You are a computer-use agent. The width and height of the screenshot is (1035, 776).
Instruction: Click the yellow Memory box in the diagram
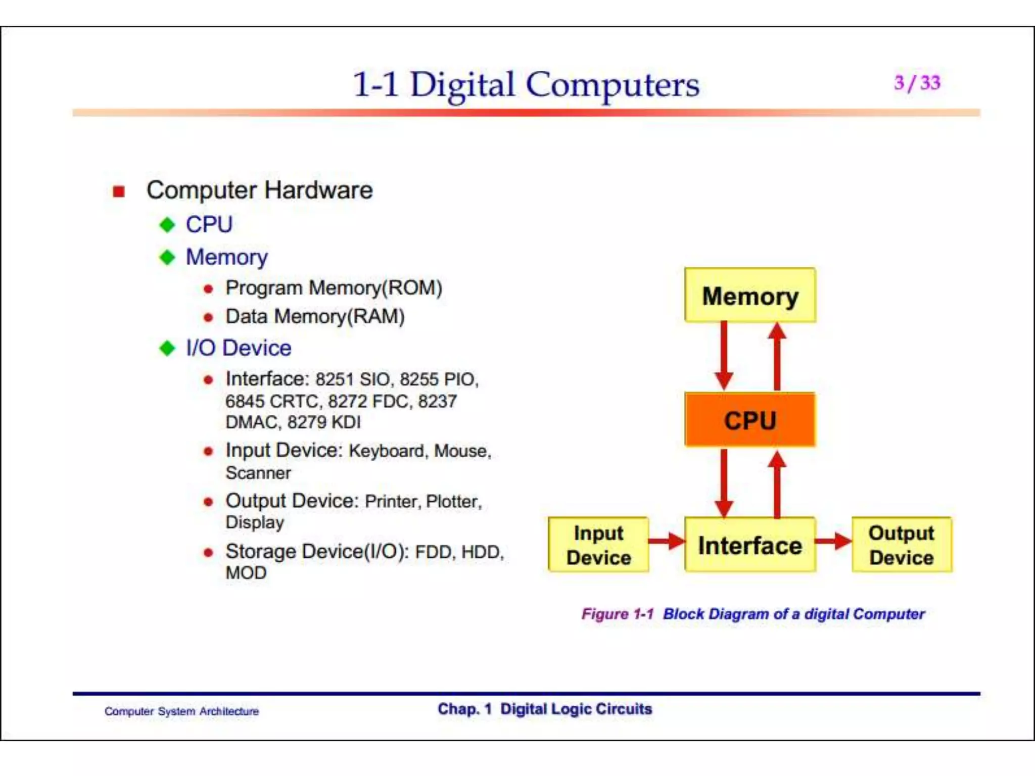750,296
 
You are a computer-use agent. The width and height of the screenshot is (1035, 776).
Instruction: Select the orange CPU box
750,420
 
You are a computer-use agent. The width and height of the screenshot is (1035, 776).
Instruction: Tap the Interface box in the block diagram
750,545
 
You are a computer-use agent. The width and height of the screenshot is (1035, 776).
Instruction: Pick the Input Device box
598,545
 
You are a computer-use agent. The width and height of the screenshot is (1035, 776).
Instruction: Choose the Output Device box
902,545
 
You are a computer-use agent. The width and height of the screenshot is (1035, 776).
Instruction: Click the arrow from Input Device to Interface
666,541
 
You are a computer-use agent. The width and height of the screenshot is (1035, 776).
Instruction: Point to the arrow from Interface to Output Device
833,541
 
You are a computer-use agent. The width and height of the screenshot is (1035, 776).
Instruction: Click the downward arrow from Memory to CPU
724,356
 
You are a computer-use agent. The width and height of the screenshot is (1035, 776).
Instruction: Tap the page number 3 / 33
917,83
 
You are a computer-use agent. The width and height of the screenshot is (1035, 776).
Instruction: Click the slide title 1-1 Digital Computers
526,84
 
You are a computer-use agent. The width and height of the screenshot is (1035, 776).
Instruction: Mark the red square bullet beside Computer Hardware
119,191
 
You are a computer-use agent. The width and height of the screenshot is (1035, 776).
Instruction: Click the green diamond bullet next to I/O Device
167,348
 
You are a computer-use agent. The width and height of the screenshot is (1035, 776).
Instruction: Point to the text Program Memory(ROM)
334,288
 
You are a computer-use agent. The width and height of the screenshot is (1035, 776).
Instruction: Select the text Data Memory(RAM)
315,317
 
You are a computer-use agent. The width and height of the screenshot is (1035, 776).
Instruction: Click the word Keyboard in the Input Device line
387,451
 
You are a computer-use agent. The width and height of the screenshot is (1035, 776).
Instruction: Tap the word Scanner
258,473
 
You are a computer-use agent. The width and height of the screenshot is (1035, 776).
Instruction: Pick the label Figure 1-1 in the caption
617,614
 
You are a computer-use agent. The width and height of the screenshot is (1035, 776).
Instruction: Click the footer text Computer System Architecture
181,711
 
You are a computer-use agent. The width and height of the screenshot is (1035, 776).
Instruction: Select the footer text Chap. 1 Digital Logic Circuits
545,709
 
